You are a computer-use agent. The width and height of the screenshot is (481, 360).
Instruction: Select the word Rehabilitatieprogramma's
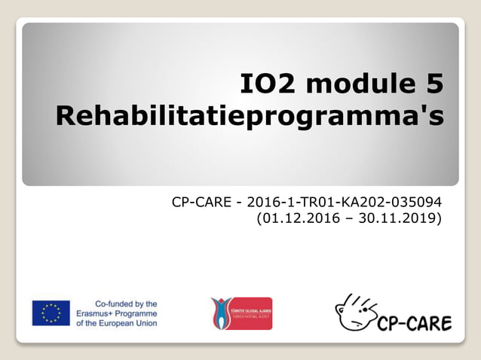click(250, 117)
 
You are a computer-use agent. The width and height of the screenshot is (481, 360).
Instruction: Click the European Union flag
click(51, 313)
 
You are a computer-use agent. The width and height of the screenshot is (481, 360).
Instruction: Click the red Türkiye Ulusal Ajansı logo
click(241, 313)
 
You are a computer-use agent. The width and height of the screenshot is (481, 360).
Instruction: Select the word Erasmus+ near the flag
click(97, 313)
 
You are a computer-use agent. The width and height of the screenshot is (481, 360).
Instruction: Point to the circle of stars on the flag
click(51, 313)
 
